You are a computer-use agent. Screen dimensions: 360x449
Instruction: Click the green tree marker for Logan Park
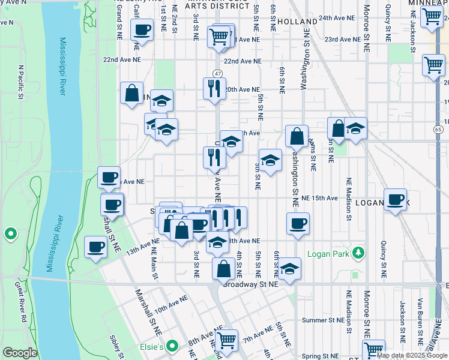[358, 252]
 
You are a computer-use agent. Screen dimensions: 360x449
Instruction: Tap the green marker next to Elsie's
[173, 346]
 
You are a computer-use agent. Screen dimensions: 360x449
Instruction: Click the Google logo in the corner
[20, 353]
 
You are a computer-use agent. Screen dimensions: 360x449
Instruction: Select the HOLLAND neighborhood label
[297, 21]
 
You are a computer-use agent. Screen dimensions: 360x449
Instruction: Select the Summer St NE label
[324, 320]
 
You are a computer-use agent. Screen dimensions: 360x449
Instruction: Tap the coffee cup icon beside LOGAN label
[395, 200]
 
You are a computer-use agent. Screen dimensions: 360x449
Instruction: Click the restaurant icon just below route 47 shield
[214, 89]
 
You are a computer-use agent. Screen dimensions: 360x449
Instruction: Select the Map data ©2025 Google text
[411, 355]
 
